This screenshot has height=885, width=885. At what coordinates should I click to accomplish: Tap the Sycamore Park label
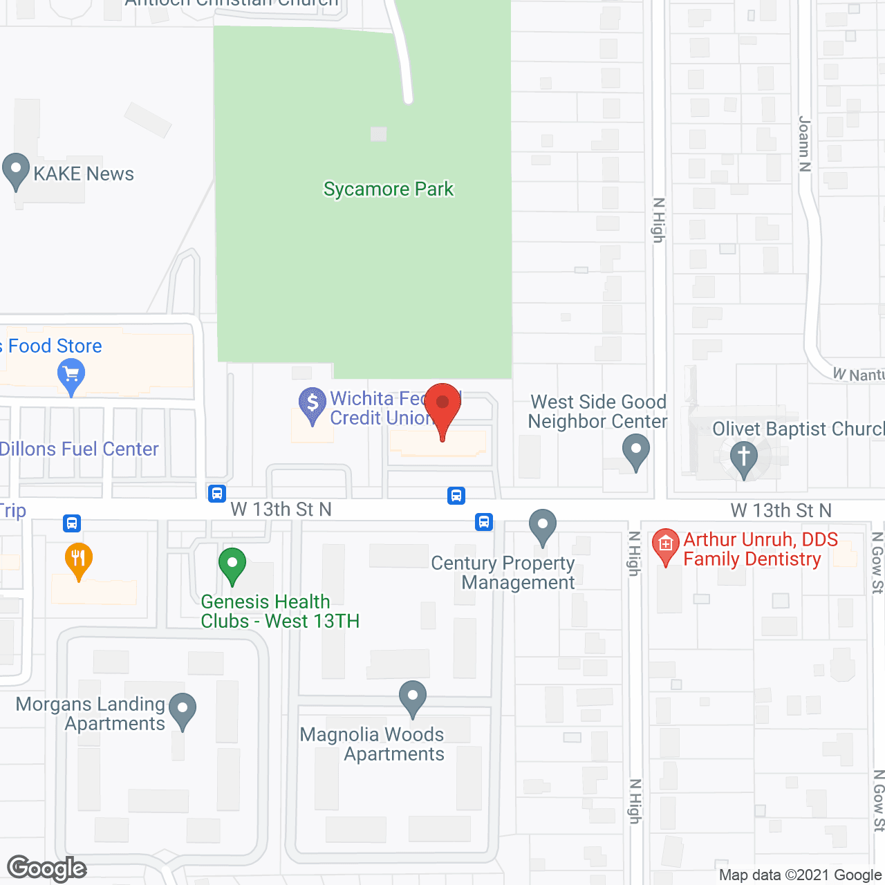(389, 189)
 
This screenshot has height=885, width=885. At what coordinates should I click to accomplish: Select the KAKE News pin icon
(15, 170)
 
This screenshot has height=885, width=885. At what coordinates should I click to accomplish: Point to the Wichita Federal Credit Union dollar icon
(313, 403)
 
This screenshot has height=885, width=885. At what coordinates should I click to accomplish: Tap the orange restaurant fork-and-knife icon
(78, 559)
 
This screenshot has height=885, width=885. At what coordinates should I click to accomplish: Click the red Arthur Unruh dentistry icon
(665, 545)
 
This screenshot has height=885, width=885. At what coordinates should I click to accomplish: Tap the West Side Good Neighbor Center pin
(636, 451)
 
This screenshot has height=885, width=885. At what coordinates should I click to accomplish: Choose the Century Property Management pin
(543, 526)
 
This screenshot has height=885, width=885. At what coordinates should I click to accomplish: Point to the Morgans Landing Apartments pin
(183, 709)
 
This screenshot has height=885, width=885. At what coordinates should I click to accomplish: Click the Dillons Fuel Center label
(80, 449)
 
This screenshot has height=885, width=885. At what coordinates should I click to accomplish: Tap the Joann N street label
(804, 144)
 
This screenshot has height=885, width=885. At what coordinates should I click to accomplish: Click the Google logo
(47, 868)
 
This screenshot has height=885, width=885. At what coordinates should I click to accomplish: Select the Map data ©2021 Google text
(801, 875)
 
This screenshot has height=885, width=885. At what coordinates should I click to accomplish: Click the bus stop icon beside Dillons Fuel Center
(217, 493)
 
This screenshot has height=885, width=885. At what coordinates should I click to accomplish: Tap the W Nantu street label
(858, 375)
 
